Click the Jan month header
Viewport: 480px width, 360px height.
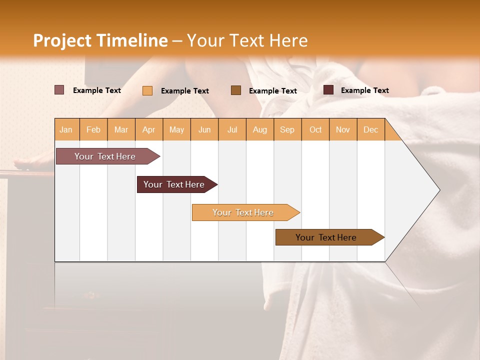tap(66, 129)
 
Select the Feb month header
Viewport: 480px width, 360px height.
tap(93, 129)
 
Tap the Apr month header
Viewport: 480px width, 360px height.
tap(148, 129)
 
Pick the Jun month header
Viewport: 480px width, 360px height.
tap(204, 129)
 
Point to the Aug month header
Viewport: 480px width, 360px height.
tap(259, 129)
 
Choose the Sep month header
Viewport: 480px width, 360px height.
tap(287, 129)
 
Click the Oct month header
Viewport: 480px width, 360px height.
tap(315, 129)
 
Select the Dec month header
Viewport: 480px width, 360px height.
tap(370, 129)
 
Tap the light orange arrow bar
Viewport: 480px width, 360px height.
tap(244, 212)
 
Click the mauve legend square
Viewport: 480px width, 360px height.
tap(59, 90)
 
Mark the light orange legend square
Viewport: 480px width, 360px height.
tap(147, 90)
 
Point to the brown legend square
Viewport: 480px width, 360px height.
tap(236, 90)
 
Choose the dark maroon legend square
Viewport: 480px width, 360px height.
tap(328, 90)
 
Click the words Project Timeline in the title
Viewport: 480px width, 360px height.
tap(100, 40)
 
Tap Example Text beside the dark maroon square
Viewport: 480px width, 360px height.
tap(364, 90)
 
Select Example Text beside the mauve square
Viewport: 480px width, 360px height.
tap(96, 90)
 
